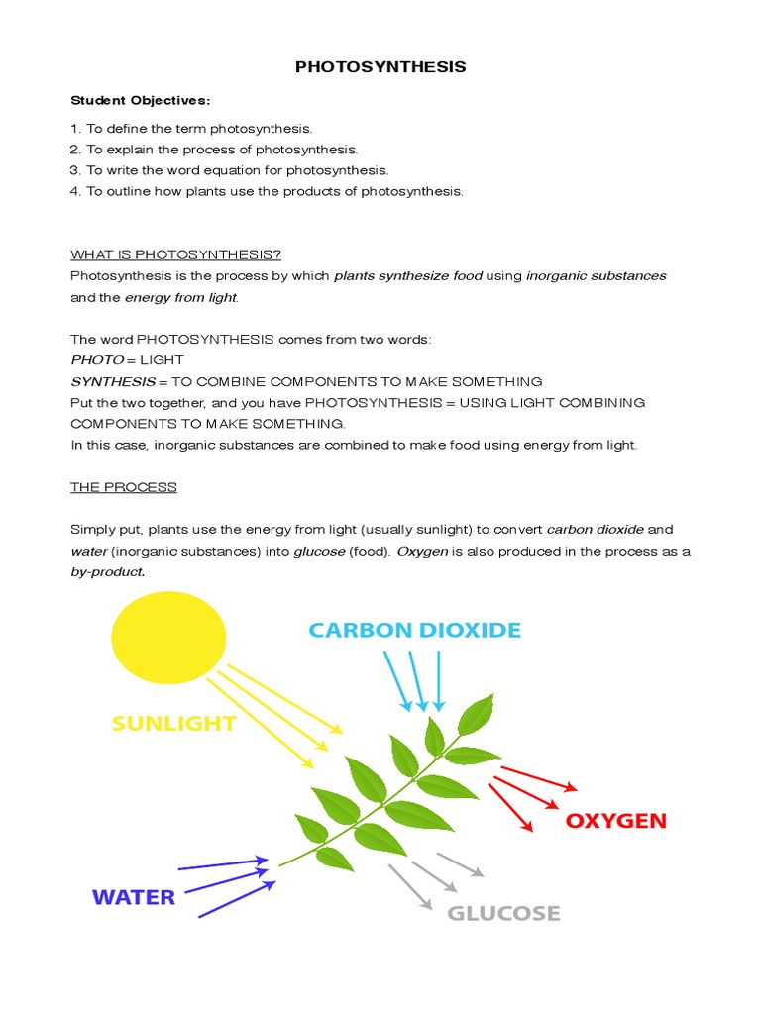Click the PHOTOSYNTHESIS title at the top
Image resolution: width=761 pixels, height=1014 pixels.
point(380,67)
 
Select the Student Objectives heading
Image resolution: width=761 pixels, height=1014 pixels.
point(141,100)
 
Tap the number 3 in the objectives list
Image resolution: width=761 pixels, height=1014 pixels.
point(74,170)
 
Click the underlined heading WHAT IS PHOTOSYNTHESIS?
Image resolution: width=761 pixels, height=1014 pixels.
point(176,254)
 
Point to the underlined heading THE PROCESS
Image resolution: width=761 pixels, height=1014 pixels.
point(124,487)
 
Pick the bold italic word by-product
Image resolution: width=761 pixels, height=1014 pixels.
point(107,571)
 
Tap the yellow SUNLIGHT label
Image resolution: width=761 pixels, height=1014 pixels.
point(174,724)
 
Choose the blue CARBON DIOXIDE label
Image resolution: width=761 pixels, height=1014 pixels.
point(414,630)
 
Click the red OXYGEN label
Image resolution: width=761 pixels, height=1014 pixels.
point(616,821)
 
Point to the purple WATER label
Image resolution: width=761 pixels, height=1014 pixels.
point(134,897)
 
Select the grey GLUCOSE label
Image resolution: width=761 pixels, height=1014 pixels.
point(503,913)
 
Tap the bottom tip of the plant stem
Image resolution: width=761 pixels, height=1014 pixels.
point(280,866)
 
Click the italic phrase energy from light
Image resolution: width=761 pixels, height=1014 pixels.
point(181,297)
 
